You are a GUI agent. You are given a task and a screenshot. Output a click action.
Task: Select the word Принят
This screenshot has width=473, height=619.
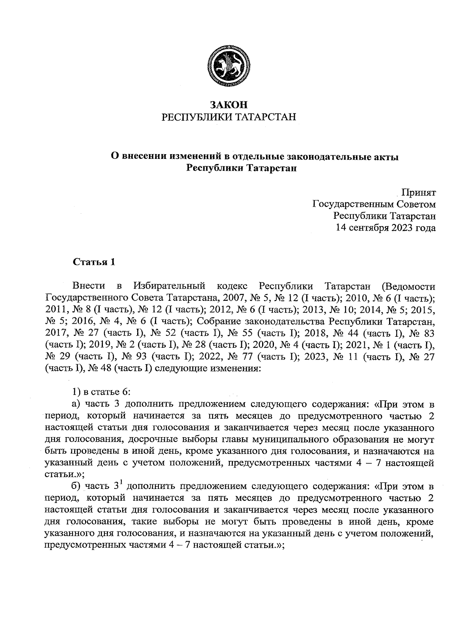(418, 193)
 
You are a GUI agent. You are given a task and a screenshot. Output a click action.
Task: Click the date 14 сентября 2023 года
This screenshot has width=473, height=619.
(385, 227)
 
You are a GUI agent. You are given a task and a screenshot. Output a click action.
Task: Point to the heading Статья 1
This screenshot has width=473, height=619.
(94, 262)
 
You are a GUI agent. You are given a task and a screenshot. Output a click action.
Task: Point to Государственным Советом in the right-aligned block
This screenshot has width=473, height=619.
(374, 204)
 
